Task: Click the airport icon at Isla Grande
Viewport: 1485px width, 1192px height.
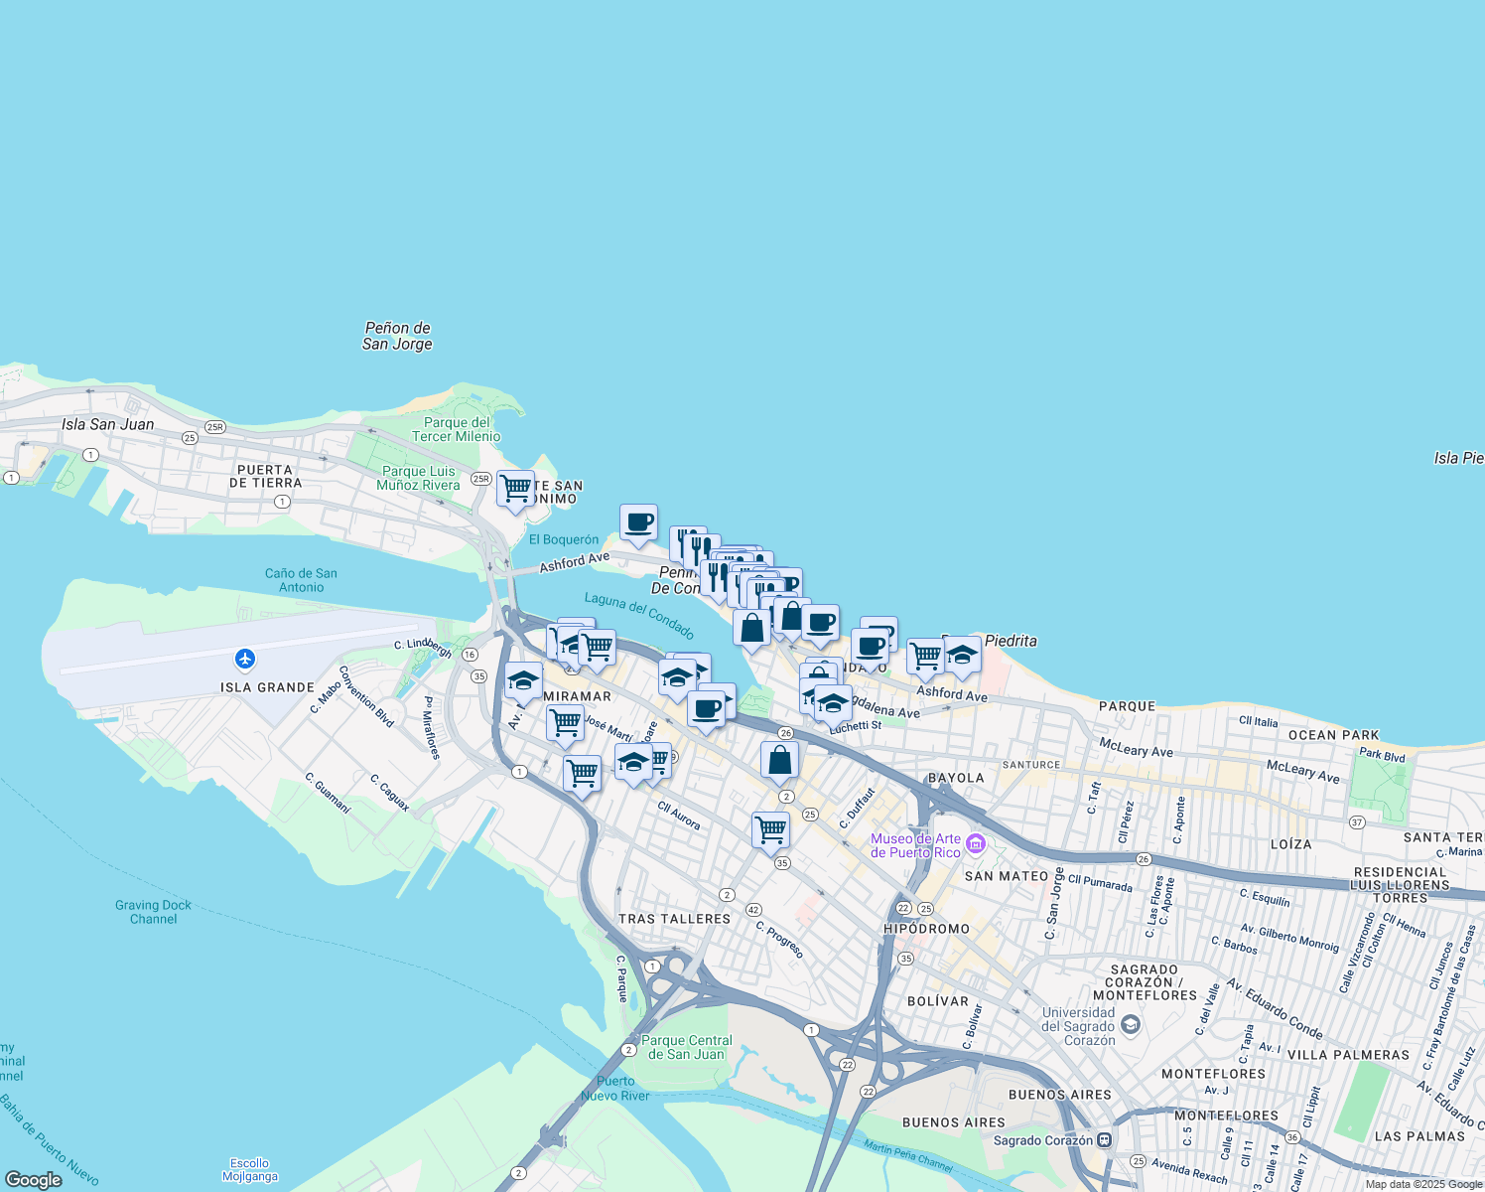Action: coord(245,659)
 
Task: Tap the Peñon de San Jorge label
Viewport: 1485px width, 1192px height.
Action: coord(397,336)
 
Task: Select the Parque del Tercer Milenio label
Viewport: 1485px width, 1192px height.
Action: coord(457,429)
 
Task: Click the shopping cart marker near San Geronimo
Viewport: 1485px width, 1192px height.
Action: coord(515,488)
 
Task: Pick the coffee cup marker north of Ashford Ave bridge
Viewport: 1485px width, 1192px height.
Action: coord(638,521)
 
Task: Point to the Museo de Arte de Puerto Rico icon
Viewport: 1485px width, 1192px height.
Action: coord(976,844)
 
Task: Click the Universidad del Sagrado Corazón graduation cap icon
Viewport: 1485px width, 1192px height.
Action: coord(1130,1023)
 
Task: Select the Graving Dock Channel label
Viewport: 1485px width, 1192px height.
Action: coord(153,912)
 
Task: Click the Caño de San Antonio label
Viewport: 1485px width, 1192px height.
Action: coord(301,580)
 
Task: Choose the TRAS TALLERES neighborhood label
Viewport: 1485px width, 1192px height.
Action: coord(674,919)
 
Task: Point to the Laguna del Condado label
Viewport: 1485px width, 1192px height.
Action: coord(639,614)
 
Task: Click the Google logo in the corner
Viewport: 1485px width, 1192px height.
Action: coord(34,1179)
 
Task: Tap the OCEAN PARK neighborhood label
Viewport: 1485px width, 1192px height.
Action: coord(1333,735)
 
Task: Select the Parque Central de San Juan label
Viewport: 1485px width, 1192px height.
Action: coord(687,1047)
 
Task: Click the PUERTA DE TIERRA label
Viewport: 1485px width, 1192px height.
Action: coord(265,476)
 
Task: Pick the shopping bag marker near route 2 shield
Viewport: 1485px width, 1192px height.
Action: coord(779,760)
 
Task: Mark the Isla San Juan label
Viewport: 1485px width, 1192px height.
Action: coord(107,424)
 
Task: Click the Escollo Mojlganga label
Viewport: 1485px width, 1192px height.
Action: coord(249,1169)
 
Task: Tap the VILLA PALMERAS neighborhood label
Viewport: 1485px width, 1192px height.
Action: coord(1348,1055)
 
